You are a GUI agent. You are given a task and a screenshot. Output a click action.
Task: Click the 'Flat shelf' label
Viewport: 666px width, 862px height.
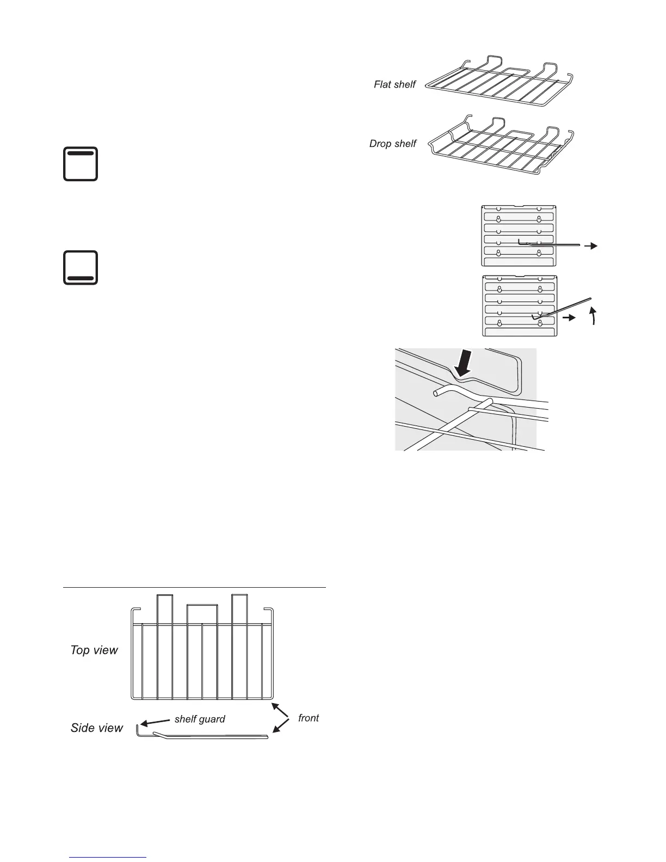click(x=394, y=84)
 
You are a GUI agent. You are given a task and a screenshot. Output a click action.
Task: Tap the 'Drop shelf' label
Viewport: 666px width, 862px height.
click(x=392, y=144)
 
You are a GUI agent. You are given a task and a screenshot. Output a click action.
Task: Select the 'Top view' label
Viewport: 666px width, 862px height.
click(x=94, y=650)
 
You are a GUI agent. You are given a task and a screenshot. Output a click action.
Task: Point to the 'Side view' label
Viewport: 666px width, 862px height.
click(x=97, y=728)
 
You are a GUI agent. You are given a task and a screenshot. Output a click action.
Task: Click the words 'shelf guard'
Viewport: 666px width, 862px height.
click(x=200, y=719)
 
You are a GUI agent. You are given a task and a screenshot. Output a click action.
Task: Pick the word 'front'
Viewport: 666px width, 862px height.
click(x=309, y=718)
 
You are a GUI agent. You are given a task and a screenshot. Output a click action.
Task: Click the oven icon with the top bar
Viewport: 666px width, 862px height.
click(x=81, y=163)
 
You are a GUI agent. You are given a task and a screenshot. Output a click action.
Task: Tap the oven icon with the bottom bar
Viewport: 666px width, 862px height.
click(x=81, y=268)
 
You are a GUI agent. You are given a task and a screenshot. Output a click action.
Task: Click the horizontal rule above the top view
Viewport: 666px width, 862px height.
click(x=194, y=588)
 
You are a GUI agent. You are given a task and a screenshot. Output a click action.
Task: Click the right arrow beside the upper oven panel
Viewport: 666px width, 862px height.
click(x=590, y=247)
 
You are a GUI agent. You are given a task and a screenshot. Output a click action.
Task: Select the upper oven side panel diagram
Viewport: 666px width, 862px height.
click(x=519, y=236)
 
